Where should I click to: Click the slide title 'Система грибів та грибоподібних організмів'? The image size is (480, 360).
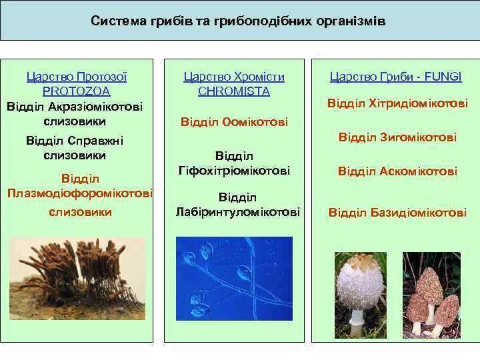pyautogui.click(x=238, y=21)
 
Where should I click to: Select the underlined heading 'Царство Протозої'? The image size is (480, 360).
pyautogui.click(x=77, y=77)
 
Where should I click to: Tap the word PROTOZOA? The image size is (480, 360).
pyautogui.click(x=76, y=91)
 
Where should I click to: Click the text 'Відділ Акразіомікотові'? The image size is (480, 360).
pyautogui.click(x=75, y=107)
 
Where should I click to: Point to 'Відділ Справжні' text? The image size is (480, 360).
pyautogui.click(x=75, y=141)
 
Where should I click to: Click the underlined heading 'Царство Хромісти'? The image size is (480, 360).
pyautogui.click(x=233, y=77)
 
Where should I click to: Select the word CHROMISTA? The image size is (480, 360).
pyautogui.click(x=233, y=91)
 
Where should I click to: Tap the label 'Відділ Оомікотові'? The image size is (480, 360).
pyautogui.click(x=234, y=122)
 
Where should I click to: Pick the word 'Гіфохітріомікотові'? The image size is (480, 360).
pyautogui.click(x=234, y=171)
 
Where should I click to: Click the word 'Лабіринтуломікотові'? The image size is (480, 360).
pyautogui.click(x=238, y=212)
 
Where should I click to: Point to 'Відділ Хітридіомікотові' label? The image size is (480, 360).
pyautogui.click(x=397, y=104)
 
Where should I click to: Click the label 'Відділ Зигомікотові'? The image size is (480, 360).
pyautogui.click(x=397, y=137)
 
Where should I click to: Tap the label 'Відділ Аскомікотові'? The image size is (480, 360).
pyautogui.click(x=397, y=171)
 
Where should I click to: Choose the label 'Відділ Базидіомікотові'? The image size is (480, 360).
pyautogui.click(x=397, y=213)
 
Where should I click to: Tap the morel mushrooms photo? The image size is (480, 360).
pyautogui.click(x=432, y=293)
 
